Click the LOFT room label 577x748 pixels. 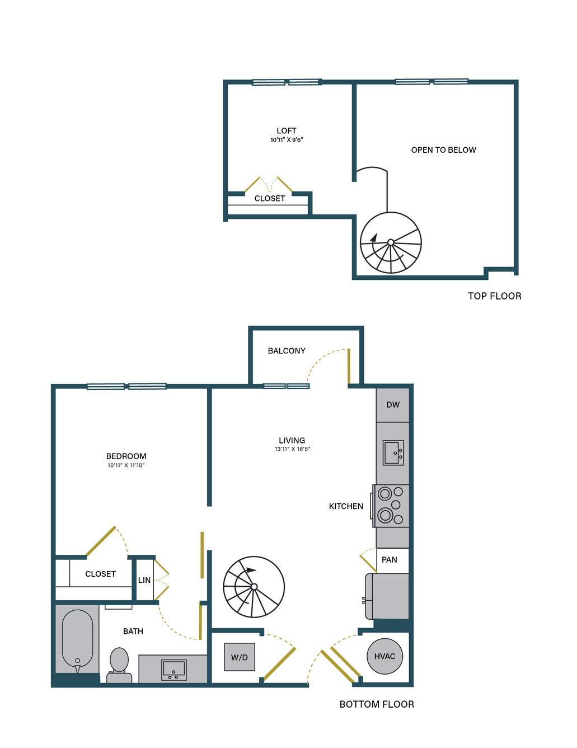point(287,131)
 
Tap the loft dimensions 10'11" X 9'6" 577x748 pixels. point(287,140)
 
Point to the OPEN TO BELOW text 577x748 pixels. point(443,150)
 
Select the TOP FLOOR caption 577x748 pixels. point(494,296)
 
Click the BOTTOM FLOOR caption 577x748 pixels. point(377,704)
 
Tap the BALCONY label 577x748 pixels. point(287,350)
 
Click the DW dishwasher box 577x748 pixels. point(392,405)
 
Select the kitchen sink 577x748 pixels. point(393,452)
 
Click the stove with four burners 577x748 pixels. point(391,506)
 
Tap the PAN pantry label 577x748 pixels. point(389,560)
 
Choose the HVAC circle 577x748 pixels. point(384,656)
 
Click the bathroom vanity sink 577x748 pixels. point(173,670)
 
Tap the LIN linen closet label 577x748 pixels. point(144,581)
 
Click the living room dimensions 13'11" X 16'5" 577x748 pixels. point(292,449)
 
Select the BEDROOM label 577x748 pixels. point(126,456)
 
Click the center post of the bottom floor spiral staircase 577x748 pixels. point(254,587)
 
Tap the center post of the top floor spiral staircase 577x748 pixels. point(391,242)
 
